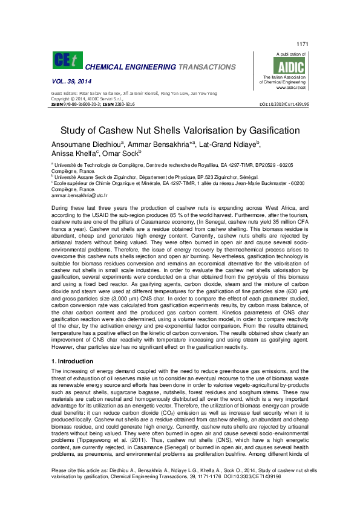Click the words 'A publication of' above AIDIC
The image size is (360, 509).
tap(290, 54)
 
